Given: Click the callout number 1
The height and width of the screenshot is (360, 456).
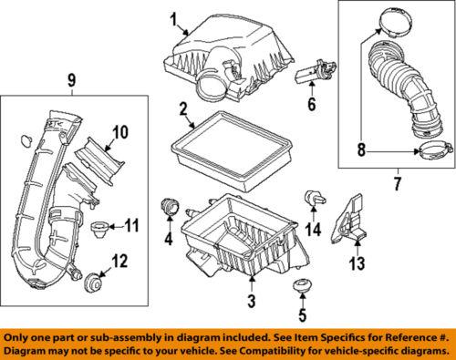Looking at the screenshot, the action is tap(173, 21).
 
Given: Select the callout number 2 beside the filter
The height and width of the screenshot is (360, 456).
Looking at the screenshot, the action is tap(182, 109).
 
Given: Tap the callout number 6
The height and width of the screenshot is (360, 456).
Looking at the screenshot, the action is tap(312, 104).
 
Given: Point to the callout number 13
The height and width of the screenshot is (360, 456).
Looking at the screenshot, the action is tap(358, 263).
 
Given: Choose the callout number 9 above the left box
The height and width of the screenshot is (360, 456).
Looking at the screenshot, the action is tap(71, 80).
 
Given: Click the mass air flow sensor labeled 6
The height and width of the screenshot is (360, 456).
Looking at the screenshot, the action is tap(316, 72).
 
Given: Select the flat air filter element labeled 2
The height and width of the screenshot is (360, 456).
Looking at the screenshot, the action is tap(232, 151).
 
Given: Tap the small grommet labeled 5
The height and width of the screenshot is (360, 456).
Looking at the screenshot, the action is tap(302, 286).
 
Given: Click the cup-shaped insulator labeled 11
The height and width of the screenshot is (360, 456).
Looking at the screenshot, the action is tap(99, 231).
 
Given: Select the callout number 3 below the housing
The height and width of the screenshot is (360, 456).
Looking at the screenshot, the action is tap(252, 301).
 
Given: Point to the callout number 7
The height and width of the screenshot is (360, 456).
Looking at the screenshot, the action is tap(397, 183).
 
